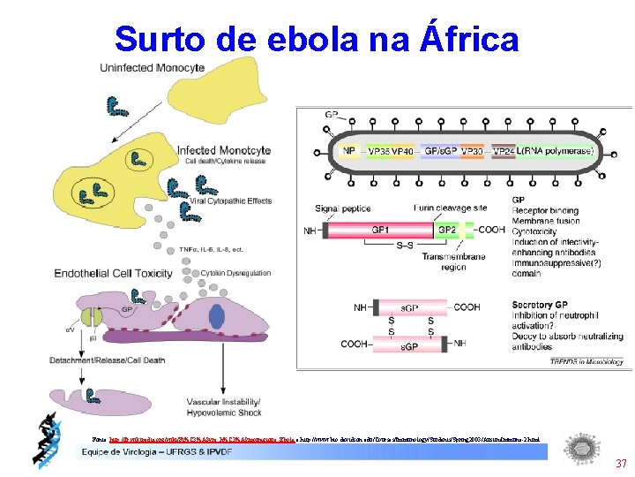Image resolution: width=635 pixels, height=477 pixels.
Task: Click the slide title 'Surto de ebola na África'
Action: tap(317, 39)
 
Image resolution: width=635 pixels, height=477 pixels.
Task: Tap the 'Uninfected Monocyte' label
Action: tap(153, 68)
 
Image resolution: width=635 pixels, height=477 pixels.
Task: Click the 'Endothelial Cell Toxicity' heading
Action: tap(114, 274)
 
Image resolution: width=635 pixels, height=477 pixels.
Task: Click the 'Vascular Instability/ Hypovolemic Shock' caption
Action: tap(221, 407)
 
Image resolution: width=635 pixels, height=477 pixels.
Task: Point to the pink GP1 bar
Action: tap(379, 229)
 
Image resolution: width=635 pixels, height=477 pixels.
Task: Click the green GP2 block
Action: tap(445, 229)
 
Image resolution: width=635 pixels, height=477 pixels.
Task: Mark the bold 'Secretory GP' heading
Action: tap(541, 305)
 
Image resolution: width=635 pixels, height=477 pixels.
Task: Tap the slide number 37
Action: tap(621, 464)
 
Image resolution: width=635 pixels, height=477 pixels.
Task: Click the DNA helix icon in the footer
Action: tap(45, 439)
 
